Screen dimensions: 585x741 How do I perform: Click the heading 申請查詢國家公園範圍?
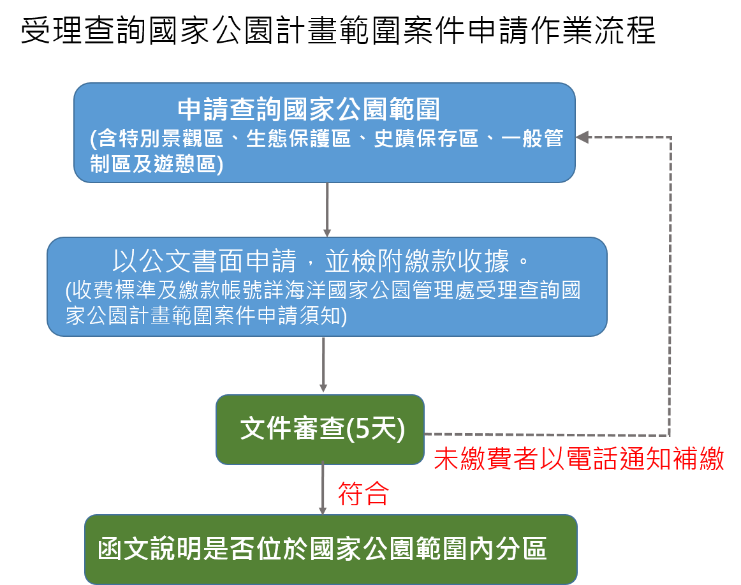click(x=309, y=110)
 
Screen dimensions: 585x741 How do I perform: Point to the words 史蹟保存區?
click(x=426, y=139)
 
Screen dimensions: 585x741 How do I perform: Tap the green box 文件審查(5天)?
click(x=320, y=429)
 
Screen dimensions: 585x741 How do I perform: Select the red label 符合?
click(x=363, y=493)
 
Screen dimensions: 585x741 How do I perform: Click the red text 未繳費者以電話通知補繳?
click(x=578, y=459)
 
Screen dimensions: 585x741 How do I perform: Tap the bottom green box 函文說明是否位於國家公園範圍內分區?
click(x=330, y=550)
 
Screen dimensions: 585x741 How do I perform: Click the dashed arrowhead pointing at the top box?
click(x=582, y=137)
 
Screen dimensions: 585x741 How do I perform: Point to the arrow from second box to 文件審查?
click(x=323, y=365)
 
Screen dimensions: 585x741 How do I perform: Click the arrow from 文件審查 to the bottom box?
click(x=323, y=489)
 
